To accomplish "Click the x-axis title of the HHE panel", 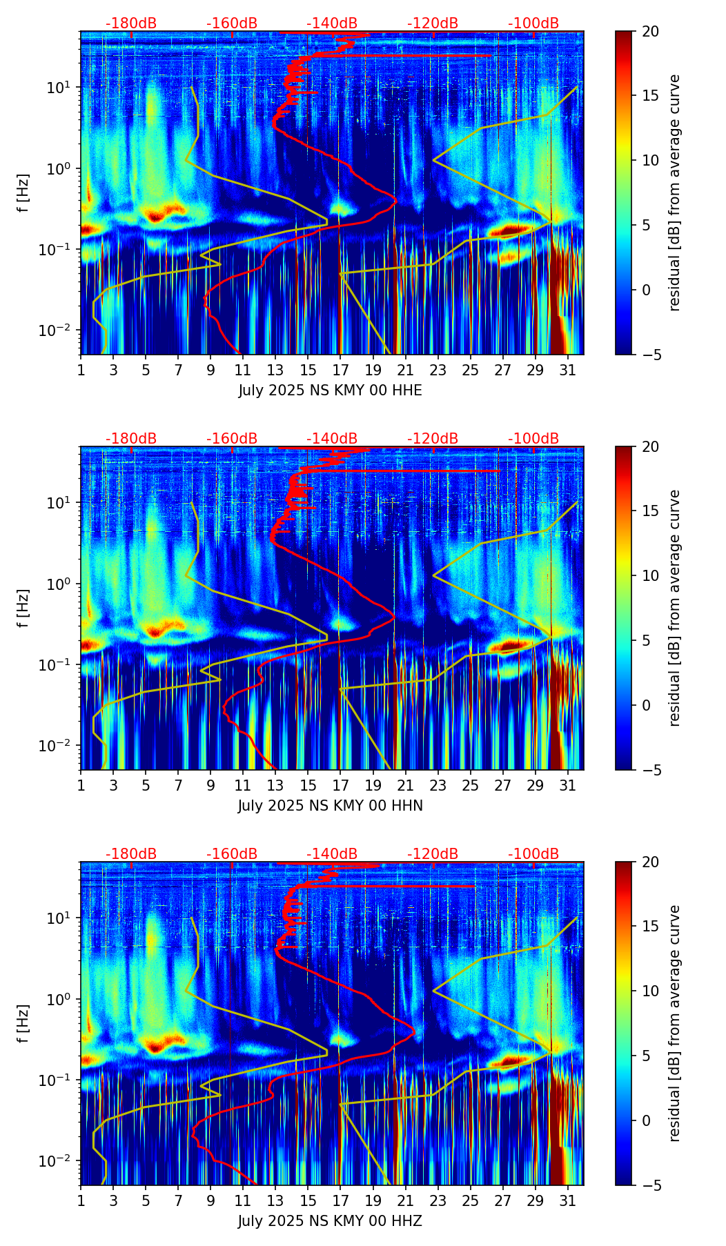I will pyautogui.click(x=330, y=390).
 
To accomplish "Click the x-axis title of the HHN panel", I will pyautogui.click(x=330, y=806).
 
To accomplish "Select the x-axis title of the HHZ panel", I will pyautogui.click(x=330, y=1221).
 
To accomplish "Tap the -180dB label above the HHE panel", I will pyautogui.click(x=131, y=23).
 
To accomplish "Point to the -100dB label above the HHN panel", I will pyautogui.click(x=533, y=439).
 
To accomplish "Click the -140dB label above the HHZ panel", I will pyautogui.click(x=332, y=854).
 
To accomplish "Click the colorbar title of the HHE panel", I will pyautogui.click(x=674, y=192).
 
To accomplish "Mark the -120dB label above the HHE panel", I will pyautogui.click(x=433, y=23).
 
